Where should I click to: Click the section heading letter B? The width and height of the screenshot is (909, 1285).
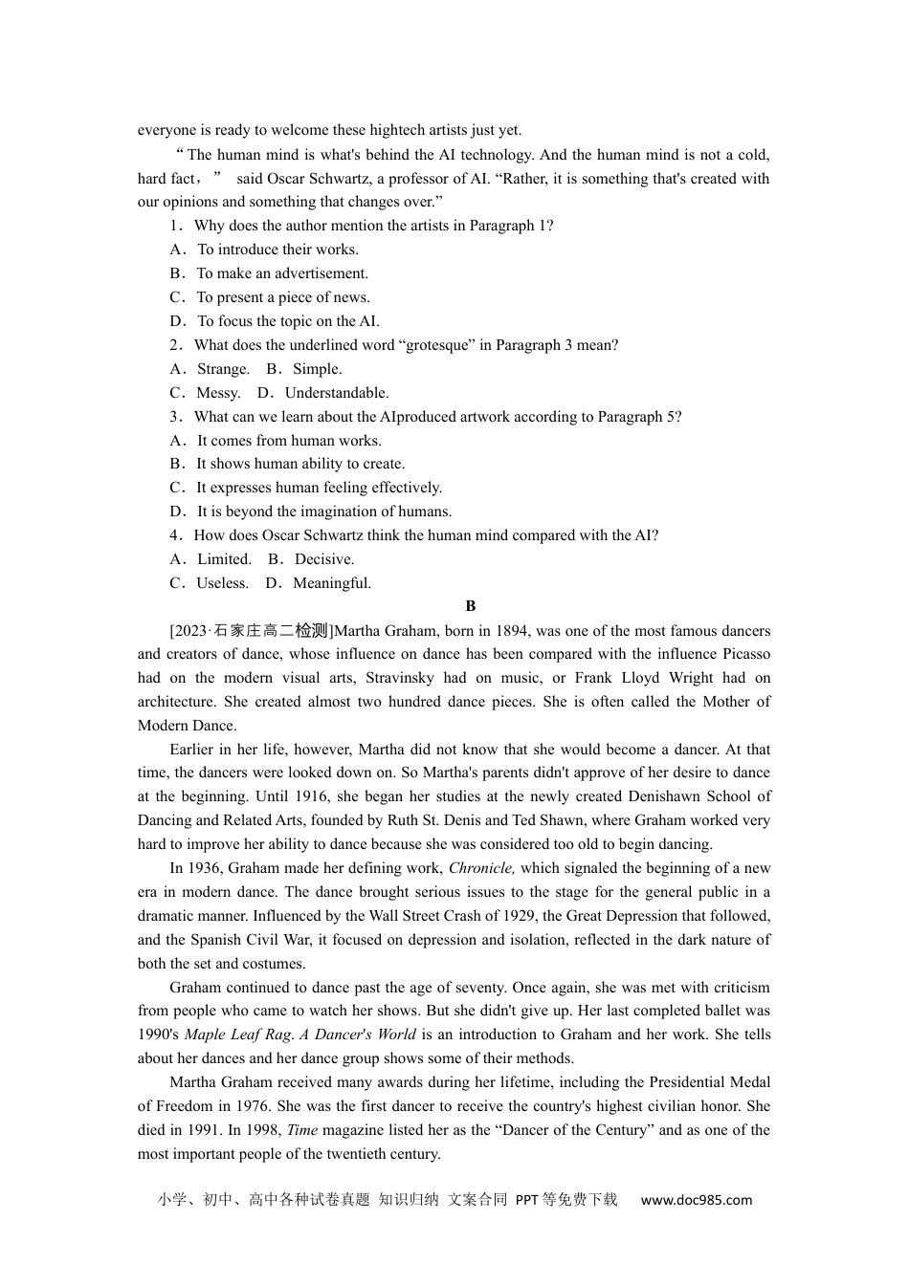(x=470, y=606)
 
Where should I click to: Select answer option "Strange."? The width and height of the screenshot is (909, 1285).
(x=223, y=369)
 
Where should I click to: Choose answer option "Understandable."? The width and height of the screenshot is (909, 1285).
(x=337, y=393)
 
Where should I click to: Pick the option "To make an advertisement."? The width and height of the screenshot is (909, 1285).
(x=282, y=273)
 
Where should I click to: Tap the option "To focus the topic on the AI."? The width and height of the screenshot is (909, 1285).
(x=288, y=321)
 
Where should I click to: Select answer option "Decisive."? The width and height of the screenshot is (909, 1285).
(x=324, y=559)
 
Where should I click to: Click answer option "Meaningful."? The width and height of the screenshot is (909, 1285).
(x=332, y=583)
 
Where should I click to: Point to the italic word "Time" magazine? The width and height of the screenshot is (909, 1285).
(x=302, y=1130)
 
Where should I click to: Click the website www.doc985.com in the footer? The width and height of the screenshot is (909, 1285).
(x=696, y=1200)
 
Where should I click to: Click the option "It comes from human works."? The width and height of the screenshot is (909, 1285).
(x=289, y=441)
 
